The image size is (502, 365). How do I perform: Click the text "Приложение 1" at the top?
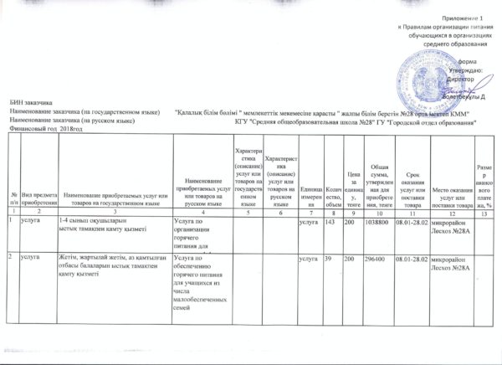464,18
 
